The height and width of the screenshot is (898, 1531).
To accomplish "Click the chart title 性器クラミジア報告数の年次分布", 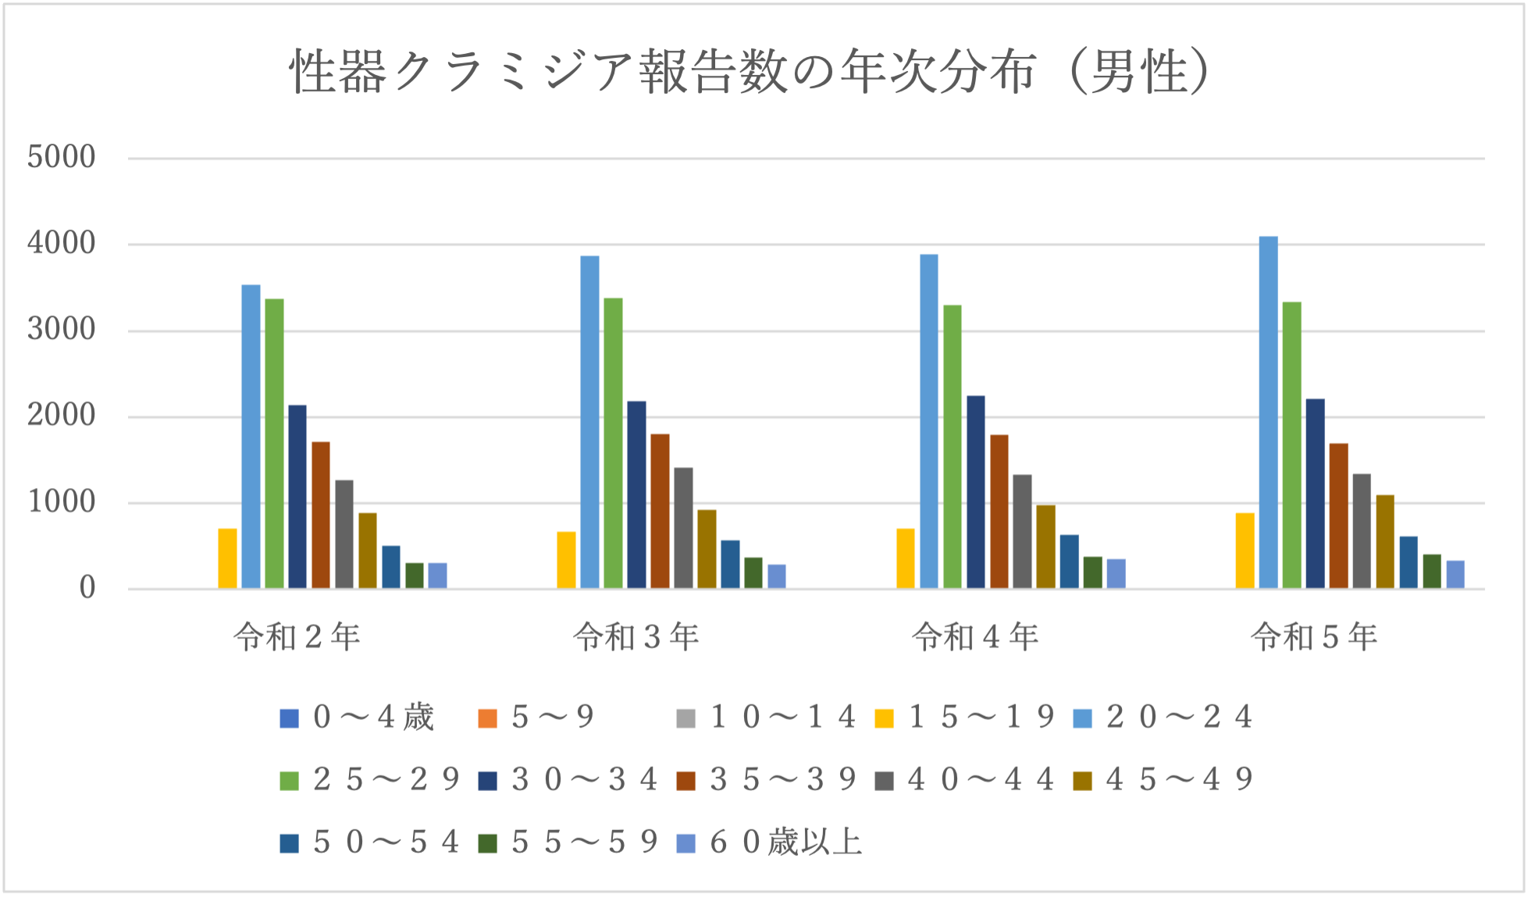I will coord(749,72).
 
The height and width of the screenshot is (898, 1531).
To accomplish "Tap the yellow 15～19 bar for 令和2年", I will coord(227,558).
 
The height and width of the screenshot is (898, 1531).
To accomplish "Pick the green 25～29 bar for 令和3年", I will coord(613,443).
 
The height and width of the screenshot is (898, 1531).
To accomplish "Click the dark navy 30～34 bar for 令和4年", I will coord(976,492).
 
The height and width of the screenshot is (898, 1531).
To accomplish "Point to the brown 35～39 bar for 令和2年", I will coord(321,515).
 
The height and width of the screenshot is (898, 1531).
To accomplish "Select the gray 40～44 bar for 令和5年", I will coord(1362,531).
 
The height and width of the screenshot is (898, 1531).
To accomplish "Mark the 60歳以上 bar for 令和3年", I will coord(777,576).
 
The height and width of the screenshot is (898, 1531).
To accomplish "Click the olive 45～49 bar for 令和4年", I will coord(1045,547).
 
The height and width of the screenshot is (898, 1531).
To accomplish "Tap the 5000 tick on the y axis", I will coord(61,158).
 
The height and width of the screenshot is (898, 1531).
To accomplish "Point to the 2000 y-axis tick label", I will coord(61,416).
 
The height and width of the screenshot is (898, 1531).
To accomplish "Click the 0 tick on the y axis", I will coord(87,589).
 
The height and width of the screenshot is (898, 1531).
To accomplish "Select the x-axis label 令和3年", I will coord(636,638).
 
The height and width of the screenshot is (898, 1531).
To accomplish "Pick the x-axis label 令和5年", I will coord(1315,638).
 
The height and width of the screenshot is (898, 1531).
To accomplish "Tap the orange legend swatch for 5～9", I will coord(487,718).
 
